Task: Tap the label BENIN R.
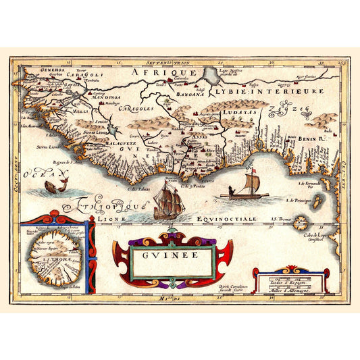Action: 312,138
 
